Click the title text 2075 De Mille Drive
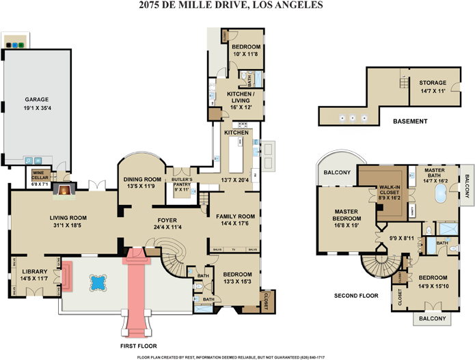pos(230,6)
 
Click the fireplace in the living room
pos(64,191)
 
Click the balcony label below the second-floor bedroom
pos(432,318)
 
